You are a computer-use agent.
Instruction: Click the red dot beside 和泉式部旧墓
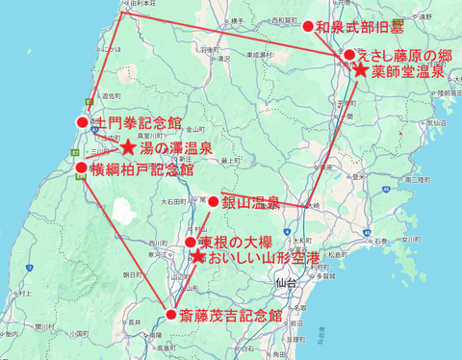[x=308, y=27]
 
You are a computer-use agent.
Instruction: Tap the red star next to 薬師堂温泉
[x=359, y=70]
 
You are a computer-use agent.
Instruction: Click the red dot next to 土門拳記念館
[x=83, y=122]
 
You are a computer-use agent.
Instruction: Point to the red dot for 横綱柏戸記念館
[x=82, y=167]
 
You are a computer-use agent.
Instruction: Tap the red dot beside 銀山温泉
[x=214, y=201]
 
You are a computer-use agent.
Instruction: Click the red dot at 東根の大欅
[x=191, y=242]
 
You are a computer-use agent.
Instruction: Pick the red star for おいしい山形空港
[x=197, y=257]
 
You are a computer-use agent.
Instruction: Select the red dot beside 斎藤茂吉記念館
[x=171, y=315]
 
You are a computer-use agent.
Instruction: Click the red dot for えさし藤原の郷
[x=348, y=56]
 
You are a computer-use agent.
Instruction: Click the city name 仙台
[x=286, y=283]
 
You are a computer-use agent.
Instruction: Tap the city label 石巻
[x=380, y=242]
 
